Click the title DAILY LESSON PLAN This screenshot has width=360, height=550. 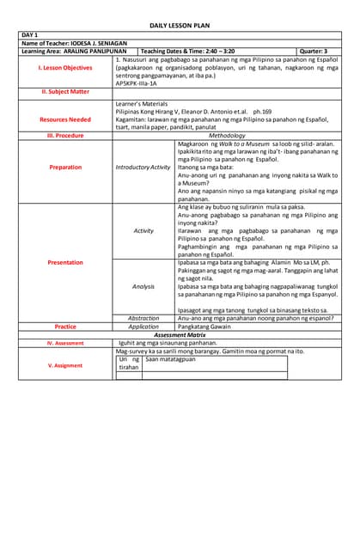click(180, 27)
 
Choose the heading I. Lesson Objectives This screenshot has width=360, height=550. click(65, 68)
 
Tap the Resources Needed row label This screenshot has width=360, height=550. click(65, 119)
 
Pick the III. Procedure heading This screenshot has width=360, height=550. click(65, 136)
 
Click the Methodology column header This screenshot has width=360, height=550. click(227, 136)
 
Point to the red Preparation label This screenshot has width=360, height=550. click(65, 168)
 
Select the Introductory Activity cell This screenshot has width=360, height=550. click(143, 168)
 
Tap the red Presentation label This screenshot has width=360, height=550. click(65, 262)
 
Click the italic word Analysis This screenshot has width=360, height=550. click(143, 285)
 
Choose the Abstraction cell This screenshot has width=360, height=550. click(143, 319)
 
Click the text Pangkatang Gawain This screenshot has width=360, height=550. click(204, 327)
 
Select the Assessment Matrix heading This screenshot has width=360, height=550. click(180, 335)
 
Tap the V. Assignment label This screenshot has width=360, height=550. click(65, 365)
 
